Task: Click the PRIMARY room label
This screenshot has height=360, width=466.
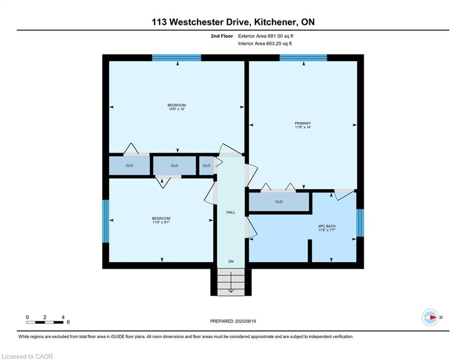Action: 303,123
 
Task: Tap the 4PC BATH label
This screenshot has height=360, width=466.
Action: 326,226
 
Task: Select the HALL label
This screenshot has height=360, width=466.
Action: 230,212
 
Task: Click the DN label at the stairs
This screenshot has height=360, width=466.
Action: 231,262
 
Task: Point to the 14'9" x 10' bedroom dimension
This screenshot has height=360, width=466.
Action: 177,109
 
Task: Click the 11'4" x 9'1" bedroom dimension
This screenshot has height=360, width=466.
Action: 161,222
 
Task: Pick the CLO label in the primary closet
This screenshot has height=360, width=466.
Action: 279,202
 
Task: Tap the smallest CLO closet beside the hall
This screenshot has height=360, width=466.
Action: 206,165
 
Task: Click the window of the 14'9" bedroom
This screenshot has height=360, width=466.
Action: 177,58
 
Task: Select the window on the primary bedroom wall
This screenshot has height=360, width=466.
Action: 303,58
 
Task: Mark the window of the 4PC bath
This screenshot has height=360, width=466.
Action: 360,223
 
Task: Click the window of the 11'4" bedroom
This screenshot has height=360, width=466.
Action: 106,221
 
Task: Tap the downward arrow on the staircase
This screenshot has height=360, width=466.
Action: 231,283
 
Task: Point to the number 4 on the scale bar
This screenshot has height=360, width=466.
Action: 63,317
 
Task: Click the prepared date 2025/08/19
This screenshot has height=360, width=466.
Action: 245,321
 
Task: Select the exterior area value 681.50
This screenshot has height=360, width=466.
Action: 274,36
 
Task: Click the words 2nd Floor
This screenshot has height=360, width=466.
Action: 222,36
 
